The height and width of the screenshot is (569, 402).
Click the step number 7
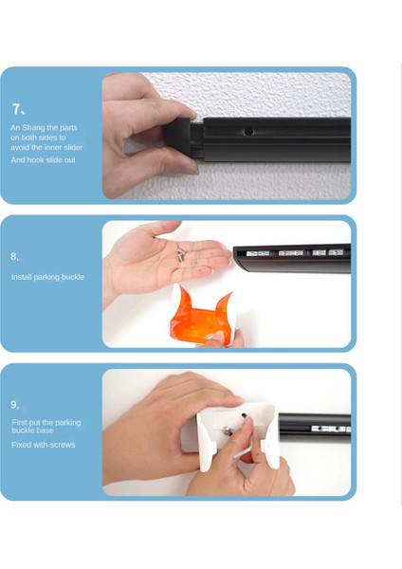click(x=15, y=109)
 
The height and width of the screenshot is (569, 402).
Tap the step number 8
click(x=13, y=256)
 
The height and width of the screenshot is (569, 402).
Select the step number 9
click(x=13, y=404)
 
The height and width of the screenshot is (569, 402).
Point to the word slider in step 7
click(x=73, y=147)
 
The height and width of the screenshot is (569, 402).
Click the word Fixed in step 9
click(x=21, y=445)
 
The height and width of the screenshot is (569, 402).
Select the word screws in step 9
click(x=63, y=445)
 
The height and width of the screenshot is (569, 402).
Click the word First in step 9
click(x=19, y=422)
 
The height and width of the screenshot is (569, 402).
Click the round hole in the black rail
click(x=248, y=131)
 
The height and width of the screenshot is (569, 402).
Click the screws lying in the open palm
click(x=181, y=253)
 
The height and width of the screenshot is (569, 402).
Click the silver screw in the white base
click(x=228, y=431)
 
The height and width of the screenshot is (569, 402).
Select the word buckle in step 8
click(x=72, y=277)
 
